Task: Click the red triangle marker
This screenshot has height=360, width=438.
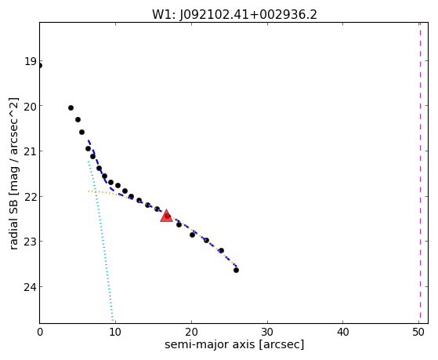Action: (x=166, y=216)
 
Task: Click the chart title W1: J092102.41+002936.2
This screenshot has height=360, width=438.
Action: (x=234, y=15)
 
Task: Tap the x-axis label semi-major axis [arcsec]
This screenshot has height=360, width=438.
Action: (x=234, y=344)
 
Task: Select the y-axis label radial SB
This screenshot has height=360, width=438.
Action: (x=13, y=222)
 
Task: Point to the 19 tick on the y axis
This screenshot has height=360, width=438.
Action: (x=31, y=61)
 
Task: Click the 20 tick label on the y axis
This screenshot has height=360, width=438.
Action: (x=31, y=107)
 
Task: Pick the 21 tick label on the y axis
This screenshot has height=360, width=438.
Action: (x=31, y=151)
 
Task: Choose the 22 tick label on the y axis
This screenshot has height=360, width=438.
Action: (x=31, y=197)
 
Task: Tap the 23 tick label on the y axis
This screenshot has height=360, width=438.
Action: (x=31, y=242)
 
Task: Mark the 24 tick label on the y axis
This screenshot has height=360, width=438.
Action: (x=31, y=287)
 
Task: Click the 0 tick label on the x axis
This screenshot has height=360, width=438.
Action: (x=40, y=332)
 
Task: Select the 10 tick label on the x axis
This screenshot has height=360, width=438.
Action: (x=115, y=332)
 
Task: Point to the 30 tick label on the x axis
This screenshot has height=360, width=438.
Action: (x=267, y=332)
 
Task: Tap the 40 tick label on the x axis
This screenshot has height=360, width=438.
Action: (x=343, y=332)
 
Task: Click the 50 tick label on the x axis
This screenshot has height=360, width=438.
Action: (x=418, y=332)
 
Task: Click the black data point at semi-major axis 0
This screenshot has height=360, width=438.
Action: (x=40, y=66)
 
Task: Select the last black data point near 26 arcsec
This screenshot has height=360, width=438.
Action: (x=236, y=271)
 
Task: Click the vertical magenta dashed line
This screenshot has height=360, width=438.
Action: (x=420, y=173)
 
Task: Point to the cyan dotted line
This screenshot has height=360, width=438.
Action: (x=100, y=242)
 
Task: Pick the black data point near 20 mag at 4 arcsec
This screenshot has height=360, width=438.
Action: (x=71, y=107)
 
